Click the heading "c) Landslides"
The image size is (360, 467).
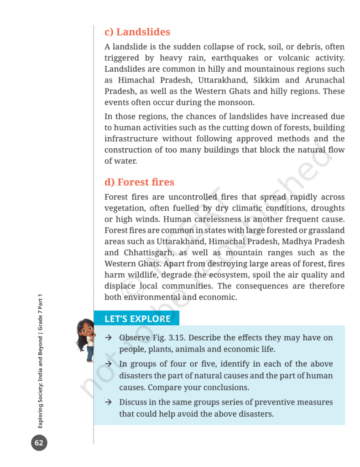coord(137,32)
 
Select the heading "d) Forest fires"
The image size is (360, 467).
coord(139,182)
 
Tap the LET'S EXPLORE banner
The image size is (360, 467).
coord(137,319)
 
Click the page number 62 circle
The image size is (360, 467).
coord(39,442)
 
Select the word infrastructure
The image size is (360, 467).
coord(131,139)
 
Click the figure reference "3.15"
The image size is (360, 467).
coord(176,338)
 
